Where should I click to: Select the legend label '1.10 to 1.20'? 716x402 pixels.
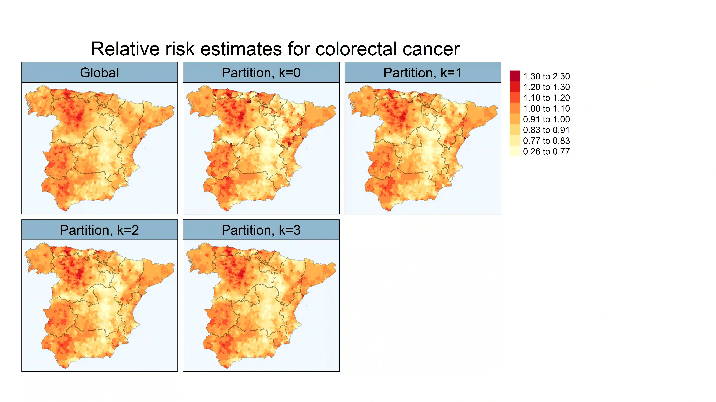(546, 98)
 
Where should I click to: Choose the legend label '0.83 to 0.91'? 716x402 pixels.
(546, 130)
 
